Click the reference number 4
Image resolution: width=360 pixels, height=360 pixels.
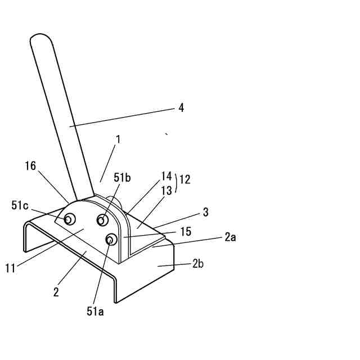181,107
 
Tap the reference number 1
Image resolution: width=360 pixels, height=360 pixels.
118,139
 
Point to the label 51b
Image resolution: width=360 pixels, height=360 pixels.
122,178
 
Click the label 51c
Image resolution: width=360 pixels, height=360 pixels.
20,205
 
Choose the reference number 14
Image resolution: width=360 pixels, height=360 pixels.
166,175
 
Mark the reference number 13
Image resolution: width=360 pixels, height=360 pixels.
166,191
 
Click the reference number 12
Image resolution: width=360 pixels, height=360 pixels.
184,180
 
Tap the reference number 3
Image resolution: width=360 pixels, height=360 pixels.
206,212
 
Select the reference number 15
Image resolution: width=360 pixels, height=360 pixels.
186,231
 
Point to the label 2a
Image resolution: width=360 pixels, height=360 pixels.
230,237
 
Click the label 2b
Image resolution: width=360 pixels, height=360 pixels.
197,263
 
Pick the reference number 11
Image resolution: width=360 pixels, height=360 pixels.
10,268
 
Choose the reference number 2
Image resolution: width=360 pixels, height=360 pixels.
56,292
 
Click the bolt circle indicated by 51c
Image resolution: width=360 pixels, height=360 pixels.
70,219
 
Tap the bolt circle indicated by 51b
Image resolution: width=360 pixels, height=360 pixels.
103,219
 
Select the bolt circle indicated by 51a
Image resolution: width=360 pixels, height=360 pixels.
111,240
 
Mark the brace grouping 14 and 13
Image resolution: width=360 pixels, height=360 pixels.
176,183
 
